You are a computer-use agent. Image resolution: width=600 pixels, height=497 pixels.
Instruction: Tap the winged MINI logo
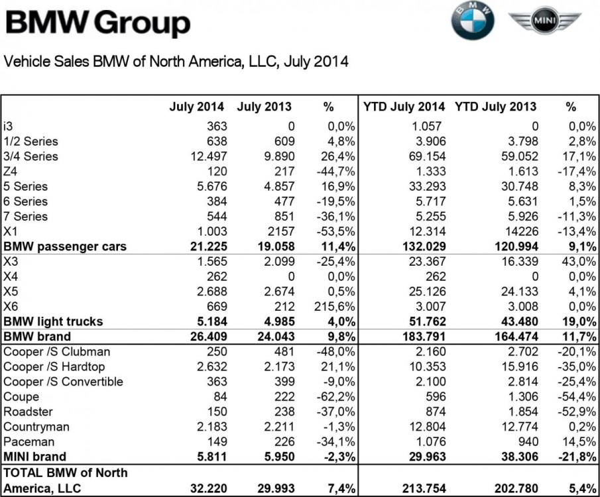click(x=546, y=21)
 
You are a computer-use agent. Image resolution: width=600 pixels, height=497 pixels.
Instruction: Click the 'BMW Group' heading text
click(x=98, y=24)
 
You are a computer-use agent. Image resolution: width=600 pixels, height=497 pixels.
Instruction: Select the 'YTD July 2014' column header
click(x=404, y=107)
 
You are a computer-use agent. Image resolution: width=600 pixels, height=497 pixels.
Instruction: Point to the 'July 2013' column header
click(x=263, y=107)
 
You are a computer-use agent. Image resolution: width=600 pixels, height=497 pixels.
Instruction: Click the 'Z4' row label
click(x=11, y=172)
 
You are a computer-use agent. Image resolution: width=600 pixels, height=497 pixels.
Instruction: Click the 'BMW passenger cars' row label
click(x=65, y=247)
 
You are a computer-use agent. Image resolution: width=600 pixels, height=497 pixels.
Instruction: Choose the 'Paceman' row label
click(x=29, y=441)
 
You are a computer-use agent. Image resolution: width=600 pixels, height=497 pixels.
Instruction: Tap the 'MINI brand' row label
click(x=34, y=457)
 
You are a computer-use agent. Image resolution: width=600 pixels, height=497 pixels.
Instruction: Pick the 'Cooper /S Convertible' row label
click(x=64, y=382)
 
